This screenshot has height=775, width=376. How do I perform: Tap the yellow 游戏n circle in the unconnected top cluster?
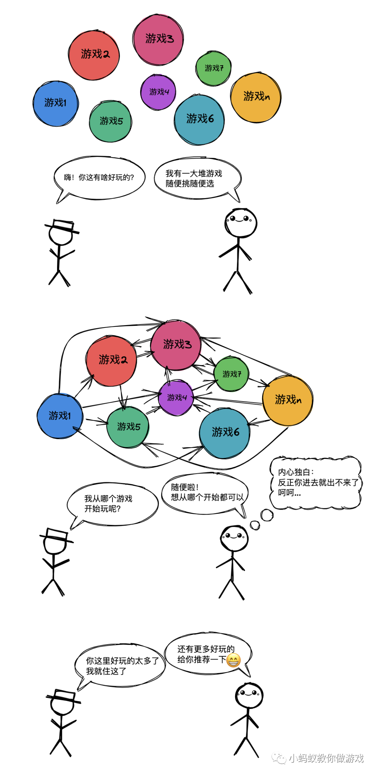[x=256, y=97]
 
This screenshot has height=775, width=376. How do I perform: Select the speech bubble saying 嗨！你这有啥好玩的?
[x=99, y=178]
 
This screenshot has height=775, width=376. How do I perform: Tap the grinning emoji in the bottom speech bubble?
[x=233, y=660]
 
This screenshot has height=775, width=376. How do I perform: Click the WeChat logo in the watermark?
[x=279, y=758]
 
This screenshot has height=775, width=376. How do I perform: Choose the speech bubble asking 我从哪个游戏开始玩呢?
[x=112, y=504]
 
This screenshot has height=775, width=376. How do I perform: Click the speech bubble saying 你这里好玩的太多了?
[x=120, y=665]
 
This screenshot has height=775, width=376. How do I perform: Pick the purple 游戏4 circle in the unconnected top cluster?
[x=158, y=92]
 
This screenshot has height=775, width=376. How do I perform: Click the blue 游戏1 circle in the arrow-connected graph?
[x=60, y=416]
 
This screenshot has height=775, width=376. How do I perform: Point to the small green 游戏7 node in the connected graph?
[x=232, y=374]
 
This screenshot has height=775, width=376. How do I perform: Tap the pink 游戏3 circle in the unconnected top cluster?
[x=158, y=39]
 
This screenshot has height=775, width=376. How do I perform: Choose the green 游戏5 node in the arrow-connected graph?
[x=128, y=427]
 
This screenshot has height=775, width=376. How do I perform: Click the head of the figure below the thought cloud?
[x=234, y=538]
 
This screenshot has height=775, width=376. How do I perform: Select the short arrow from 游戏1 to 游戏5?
[x=96, y=422]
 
